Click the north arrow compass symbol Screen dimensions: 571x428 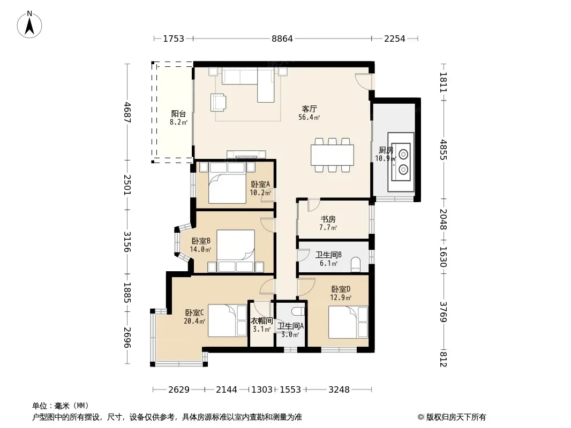29,25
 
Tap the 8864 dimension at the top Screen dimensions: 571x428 282,39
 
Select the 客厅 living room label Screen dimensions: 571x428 309,109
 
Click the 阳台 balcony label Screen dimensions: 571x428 178,114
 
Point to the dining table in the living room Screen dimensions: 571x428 332,155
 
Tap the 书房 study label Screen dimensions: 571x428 328,219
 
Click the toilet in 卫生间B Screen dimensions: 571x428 356,264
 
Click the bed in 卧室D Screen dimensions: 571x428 348,322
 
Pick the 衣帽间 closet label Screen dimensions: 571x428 262,320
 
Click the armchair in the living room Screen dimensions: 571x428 218,102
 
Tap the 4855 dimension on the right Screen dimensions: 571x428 443,149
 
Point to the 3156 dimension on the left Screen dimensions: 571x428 127,242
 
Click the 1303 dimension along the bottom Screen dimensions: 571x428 262,390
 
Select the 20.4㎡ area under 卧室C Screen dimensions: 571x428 194,321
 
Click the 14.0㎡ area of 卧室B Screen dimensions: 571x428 201,249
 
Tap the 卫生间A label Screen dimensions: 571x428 290,326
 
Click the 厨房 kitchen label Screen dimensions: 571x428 386,150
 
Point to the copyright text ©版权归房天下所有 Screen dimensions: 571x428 452,417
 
